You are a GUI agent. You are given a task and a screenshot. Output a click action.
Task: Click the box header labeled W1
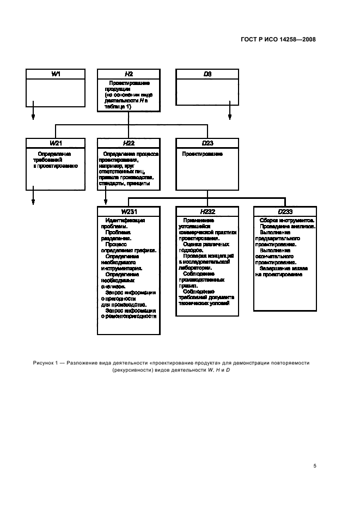coord(56,74)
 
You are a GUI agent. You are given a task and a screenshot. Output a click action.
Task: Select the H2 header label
coord(129,74)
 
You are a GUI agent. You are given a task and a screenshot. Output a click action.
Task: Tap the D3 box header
coord(207,74)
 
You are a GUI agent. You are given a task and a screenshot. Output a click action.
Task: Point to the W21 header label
coord(56,143)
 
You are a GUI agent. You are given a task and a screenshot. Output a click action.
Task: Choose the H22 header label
coord(129,143)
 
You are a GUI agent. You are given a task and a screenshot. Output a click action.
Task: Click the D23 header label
coord(207,143)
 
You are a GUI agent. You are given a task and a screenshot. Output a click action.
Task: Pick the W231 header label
coord(129,211)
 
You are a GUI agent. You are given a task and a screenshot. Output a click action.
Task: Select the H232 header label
coord(207,211)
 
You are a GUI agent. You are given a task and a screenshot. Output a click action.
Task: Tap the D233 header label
coord(285,211)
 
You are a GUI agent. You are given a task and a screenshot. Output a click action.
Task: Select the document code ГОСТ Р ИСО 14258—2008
coord(278,39)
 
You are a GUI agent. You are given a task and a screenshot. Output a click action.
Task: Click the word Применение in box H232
coord(199,221)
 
